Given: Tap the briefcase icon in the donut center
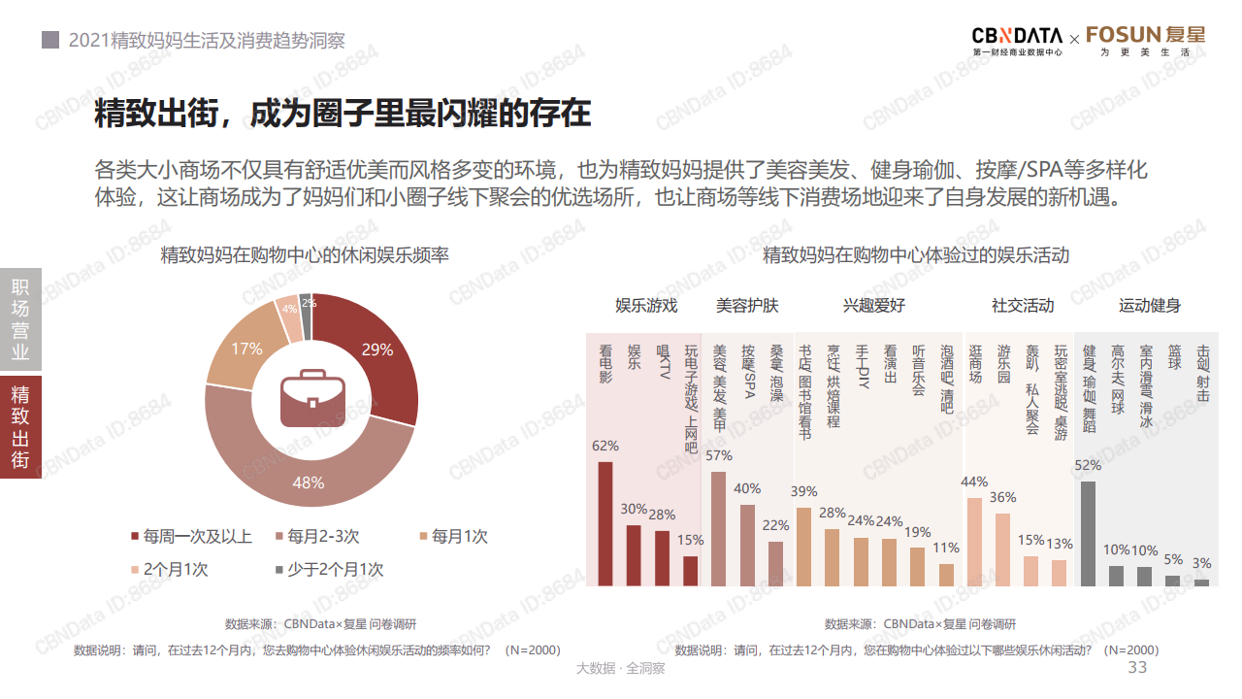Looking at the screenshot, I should pyautogui.click(x=311, y=398).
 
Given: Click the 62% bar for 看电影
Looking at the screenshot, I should pyautogui.click(x=605, y=523).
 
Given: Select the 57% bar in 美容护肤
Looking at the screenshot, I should pyautogui.click(x=719, y=528).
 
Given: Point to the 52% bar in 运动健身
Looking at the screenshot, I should pyautogui.click(x=1088, y=533).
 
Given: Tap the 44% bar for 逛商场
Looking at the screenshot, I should pyautogui.click(x=975, y=542).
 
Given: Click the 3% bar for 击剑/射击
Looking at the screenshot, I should pyautogui.click(x=1201, y=582).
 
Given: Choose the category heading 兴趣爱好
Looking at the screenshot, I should pyautogui.click(x=874, y=306).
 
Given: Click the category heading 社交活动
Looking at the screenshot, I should pyautogui.click(x=1022, y=306).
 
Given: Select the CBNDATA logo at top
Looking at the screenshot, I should pyautogui.click(x=1003, y=40).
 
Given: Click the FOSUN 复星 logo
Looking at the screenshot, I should pyautogui.click(x=1146, y=40).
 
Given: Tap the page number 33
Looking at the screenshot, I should pyautogui.click(x=1137, y=668).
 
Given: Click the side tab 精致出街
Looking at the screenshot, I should pyautogui.click(x=20, y=427).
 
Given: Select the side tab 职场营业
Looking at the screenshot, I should pyautogui.click(x=20, y=319).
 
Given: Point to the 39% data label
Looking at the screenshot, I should pyautogui.click(x=804, y=491).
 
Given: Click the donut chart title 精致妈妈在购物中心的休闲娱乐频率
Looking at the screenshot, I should pyautogui.click(x=305, y=255).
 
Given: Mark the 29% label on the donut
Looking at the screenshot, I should pyautogui.click(x=376, y=349).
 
